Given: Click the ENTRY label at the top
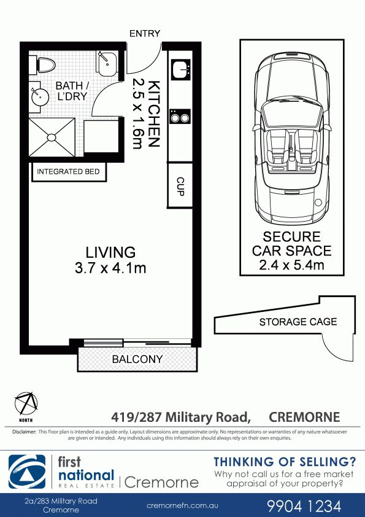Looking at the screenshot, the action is point(145,34).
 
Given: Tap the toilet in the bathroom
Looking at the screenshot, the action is point(42,65).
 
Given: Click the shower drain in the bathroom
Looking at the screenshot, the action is point(52,137).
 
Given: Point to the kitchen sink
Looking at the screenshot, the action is point(180,70).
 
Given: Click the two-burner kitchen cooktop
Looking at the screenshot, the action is point(180,117).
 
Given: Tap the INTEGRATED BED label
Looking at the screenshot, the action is point(68,172).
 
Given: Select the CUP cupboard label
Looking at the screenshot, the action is point(180,187).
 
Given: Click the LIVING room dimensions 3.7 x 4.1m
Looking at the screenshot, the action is point(110,268).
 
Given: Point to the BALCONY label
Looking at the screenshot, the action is point(137,359).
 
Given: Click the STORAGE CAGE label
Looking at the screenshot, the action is point(298,322).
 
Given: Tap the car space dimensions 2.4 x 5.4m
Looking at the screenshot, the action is point(291,265).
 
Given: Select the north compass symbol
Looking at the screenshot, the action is point(26,403).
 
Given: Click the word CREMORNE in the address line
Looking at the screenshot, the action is point(304,417).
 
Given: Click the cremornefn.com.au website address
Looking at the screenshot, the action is point(182,505).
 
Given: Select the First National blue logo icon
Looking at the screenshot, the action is point(27,472).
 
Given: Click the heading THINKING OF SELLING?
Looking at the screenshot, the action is point(285,462).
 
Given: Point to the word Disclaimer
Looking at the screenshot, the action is point(24,432).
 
